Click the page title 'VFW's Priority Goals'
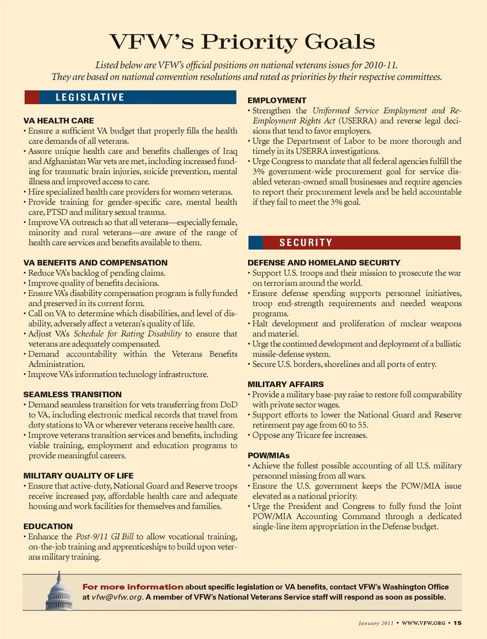(x=242, y=42)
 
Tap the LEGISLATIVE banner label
(x=90, y=97)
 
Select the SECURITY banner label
(x=306, y=242)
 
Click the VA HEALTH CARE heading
(x=58, y=121)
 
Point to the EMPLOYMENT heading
(x=277, y=100)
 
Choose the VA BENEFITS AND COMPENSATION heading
(x=95, y=263)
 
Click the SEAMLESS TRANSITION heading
(x=73, y=395)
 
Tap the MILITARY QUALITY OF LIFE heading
(x=79, y=476)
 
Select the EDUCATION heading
(x=48, y=526)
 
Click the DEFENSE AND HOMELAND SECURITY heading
(x=324, y=263)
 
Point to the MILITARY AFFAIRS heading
(x=286, y=384)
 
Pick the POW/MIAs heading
(x=268, y=455)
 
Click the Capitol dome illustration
(x=59, y=592)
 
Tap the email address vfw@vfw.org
(x=117, y=597)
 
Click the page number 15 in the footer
(x=458, y=623)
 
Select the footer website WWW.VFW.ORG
(x=424, y=623)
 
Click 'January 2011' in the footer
(x=376, y=623)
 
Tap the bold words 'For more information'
(x=133, y=587)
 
